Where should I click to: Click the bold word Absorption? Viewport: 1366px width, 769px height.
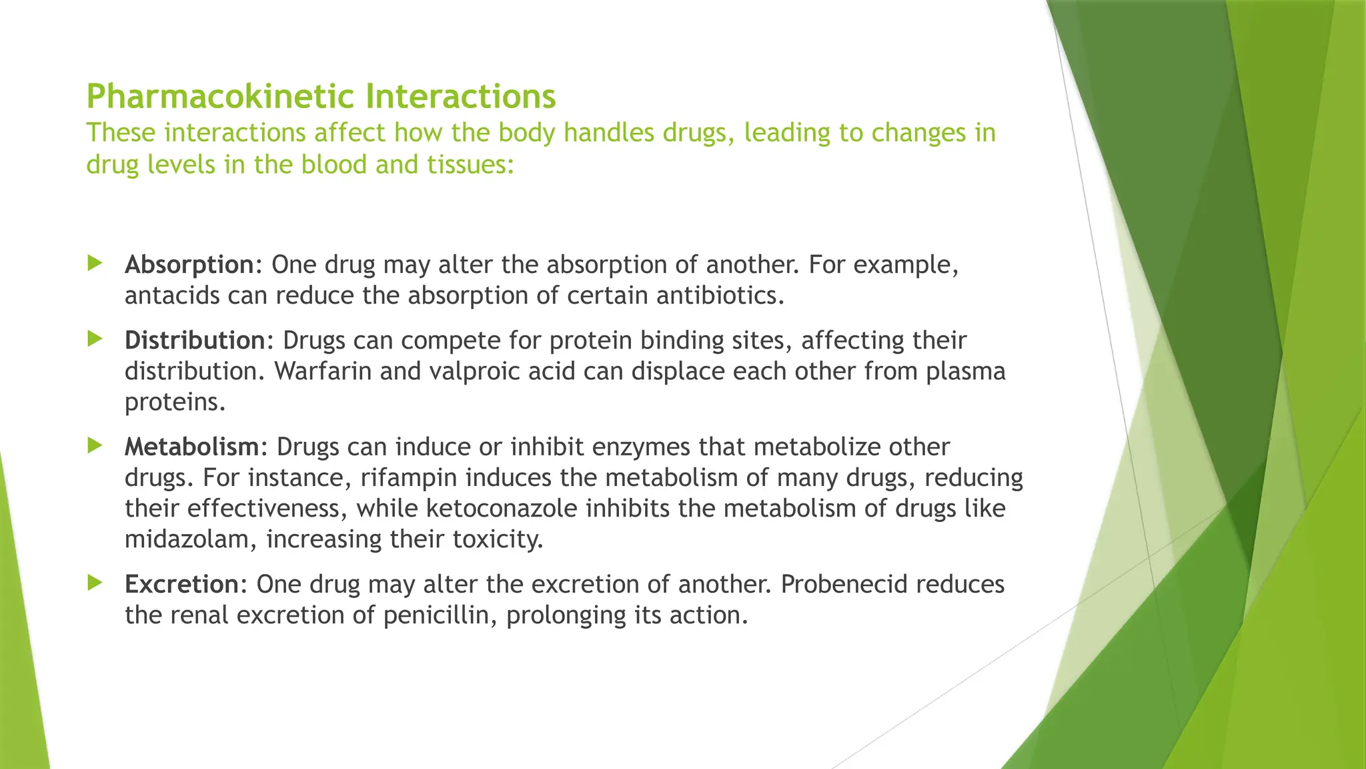point(189,265)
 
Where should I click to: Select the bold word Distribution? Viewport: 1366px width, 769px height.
point(195,340)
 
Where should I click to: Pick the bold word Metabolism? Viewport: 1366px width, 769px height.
point(191,447)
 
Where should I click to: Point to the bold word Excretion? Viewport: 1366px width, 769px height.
point(181,584)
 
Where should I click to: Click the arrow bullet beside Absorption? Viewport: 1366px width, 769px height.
point(95,263)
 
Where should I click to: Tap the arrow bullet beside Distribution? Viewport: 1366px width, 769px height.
point(95,338)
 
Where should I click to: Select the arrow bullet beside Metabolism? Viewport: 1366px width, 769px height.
point(95,445)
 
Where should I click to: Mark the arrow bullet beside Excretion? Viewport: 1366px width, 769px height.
point(95,583)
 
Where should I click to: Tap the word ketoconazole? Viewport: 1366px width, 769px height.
point(502,509)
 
